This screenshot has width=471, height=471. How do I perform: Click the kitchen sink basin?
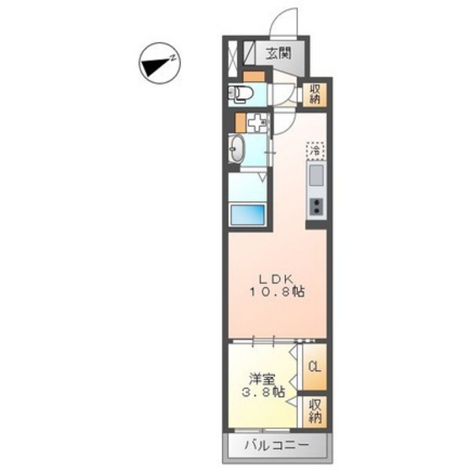pyautogui.click(x=315, y=176)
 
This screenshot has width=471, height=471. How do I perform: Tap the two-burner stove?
pyautogui.click(x=316, y=206)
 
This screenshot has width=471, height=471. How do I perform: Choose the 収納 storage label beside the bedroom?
pyautogui.click(x=315, y=410)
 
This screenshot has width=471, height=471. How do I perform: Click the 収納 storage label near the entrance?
pyautogui.click(x=315, y=94)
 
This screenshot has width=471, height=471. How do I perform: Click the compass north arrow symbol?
pyautogui.click(x=155, y=66)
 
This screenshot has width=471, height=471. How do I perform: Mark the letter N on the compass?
pyautogui.click(x=171, y=58)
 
